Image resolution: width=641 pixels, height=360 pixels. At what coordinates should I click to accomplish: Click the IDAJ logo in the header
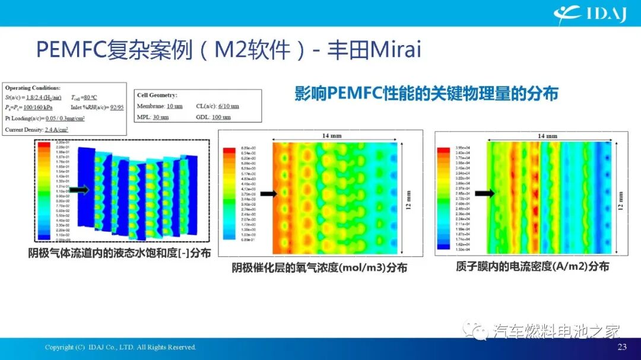pos(590,14)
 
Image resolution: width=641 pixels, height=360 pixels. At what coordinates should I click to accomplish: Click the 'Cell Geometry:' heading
pos(157,95)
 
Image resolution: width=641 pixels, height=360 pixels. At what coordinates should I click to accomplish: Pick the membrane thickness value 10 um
pos(174,106)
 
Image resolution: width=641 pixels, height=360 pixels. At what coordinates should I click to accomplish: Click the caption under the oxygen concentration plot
pos(319,267)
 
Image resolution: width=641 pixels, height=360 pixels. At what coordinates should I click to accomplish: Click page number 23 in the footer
pos(622,347)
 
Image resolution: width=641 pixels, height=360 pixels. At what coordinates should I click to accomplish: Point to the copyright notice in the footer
pos(120,347)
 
